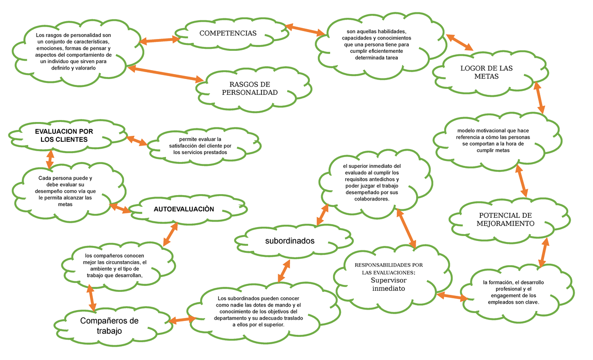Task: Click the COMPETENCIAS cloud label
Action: pyautogui.click(x=228, y=33)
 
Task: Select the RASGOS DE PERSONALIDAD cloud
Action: pyautogui.click(x=250, y=88)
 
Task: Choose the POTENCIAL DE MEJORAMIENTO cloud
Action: pyautogui.click(x=506, y=220)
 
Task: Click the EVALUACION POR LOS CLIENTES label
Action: pyautogui.click(x=64, y=135)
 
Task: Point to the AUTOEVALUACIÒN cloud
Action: pyautogui.click(x=184, y=209)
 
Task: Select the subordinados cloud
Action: pyautogui.click(x=290, y=241)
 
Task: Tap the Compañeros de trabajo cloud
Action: pyautogui.click(x=109, y=326)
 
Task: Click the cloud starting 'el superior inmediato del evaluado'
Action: pyautogui.click(x=372, y=182)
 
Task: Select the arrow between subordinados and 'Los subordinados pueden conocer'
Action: pyautogui.click(x=284, y=270)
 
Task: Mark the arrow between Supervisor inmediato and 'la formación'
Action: pyautogui.click(x=452, y=296)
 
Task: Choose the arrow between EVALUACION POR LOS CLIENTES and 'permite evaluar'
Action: pyautogui.click(x=137, y=140)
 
